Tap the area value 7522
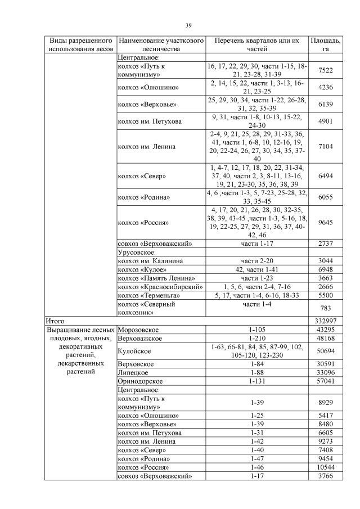pyautogui.click(x=325, y=70)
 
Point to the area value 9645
pyautogui.click(x=325, y=222)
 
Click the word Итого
pyautogui.click(x=55, y=320)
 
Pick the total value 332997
pyautogui.click(x=325, y=320)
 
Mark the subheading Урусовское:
pyautogui.click(x=138, y=253)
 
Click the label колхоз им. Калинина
pyautogui.click(x=151, y=261)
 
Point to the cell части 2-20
pyautogui.click(x=256, y=261)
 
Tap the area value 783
pyautogui.click(x=325, y=308)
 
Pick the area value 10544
pyautogui.click(x=325, y=469)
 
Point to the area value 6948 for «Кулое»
pyautogui.click(x=325, y=269)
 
